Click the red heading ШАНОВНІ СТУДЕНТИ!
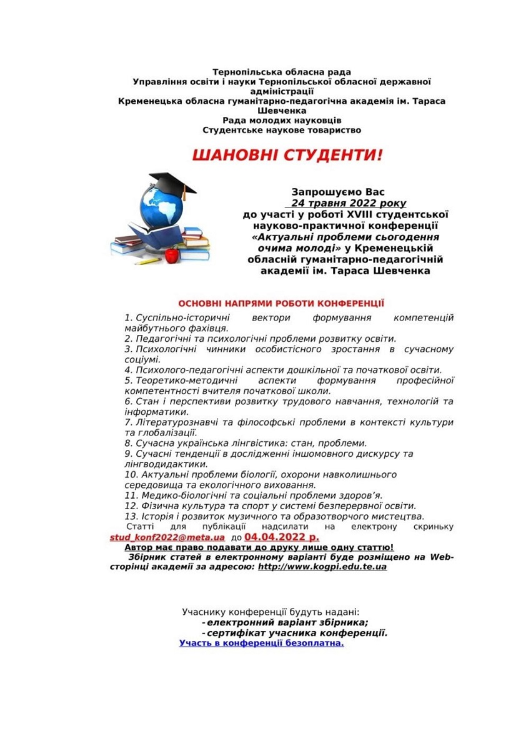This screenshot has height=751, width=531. tap(286, 156)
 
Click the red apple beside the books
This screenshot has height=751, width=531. tap(171, 255)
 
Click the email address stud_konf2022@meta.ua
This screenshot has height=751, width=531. tap(167, 537)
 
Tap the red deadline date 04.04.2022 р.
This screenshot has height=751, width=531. tap(282, 536)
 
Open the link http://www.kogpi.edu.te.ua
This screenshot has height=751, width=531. tap(322, 567)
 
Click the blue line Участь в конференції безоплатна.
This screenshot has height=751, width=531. tap(262, 642)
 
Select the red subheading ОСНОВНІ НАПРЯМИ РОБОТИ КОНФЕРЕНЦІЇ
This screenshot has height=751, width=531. tap(281, 302)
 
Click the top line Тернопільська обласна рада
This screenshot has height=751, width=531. tap(282, 72)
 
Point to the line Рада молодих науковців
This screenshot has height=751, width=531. tap(282, 120)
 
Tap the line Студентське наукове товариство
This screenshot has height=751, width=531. tap(282, 130)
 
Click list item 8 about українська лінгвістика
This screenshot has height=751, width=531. tap(246, 443)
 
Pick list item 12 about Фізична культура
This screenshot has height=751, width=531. tap(270, 505)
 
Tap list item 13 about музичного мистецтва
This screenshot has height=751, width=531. tap(275, 516)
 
